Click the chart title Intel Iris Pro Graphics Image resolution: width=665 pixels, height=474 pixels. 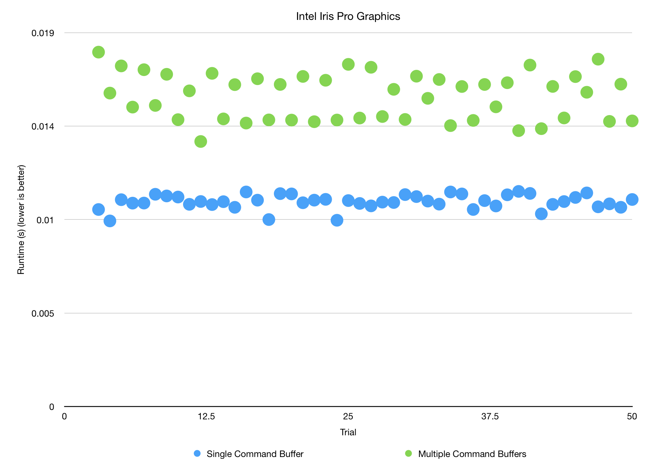tap(348, 16)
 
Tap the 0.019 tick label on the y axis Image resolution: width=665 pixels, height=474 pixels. tap(43, 33)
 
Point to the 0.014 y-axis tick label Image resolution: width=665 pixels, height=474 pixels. tap(43, 126)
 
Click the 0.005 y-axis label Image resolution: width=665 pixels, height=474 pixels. tap(43, 313)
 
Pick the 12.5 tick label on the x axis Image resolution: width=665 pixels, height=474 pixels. tap(206, 416)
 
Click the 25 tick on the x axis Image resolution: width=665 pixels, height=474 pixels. tap(348, 416)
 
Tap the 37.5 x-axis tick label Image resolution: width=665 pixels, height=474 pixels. tap(490, 416)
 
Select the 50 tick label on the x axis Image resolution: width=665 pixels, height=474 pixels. tap(632, 416)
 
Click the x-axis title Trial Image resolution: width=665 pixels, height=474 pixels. tap(348, 432)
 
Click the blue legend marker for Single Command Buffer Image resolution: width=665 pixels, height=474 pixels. tap(197, 453)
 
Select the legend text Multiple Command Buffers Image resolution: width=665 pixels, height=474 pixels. tap(472, 454)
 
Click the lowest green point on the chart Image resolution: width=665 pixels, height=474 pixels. tap(201, 141)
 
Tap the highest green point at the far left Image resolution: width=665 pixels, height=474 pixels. tap(98, 52)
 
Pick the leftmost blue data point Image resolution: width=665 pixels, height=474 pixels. tap(98, 209)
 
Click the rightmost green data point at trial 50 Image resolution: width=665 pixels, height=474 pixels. tap(632, 121)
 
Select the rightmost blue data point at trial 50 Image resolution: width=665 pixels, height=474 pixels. tap(632, 199)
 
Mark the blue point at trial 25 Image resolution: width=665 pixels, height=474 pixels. tap(348, 200)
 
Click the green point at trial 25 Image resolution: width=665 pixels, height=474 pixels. tap(348, 64)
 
